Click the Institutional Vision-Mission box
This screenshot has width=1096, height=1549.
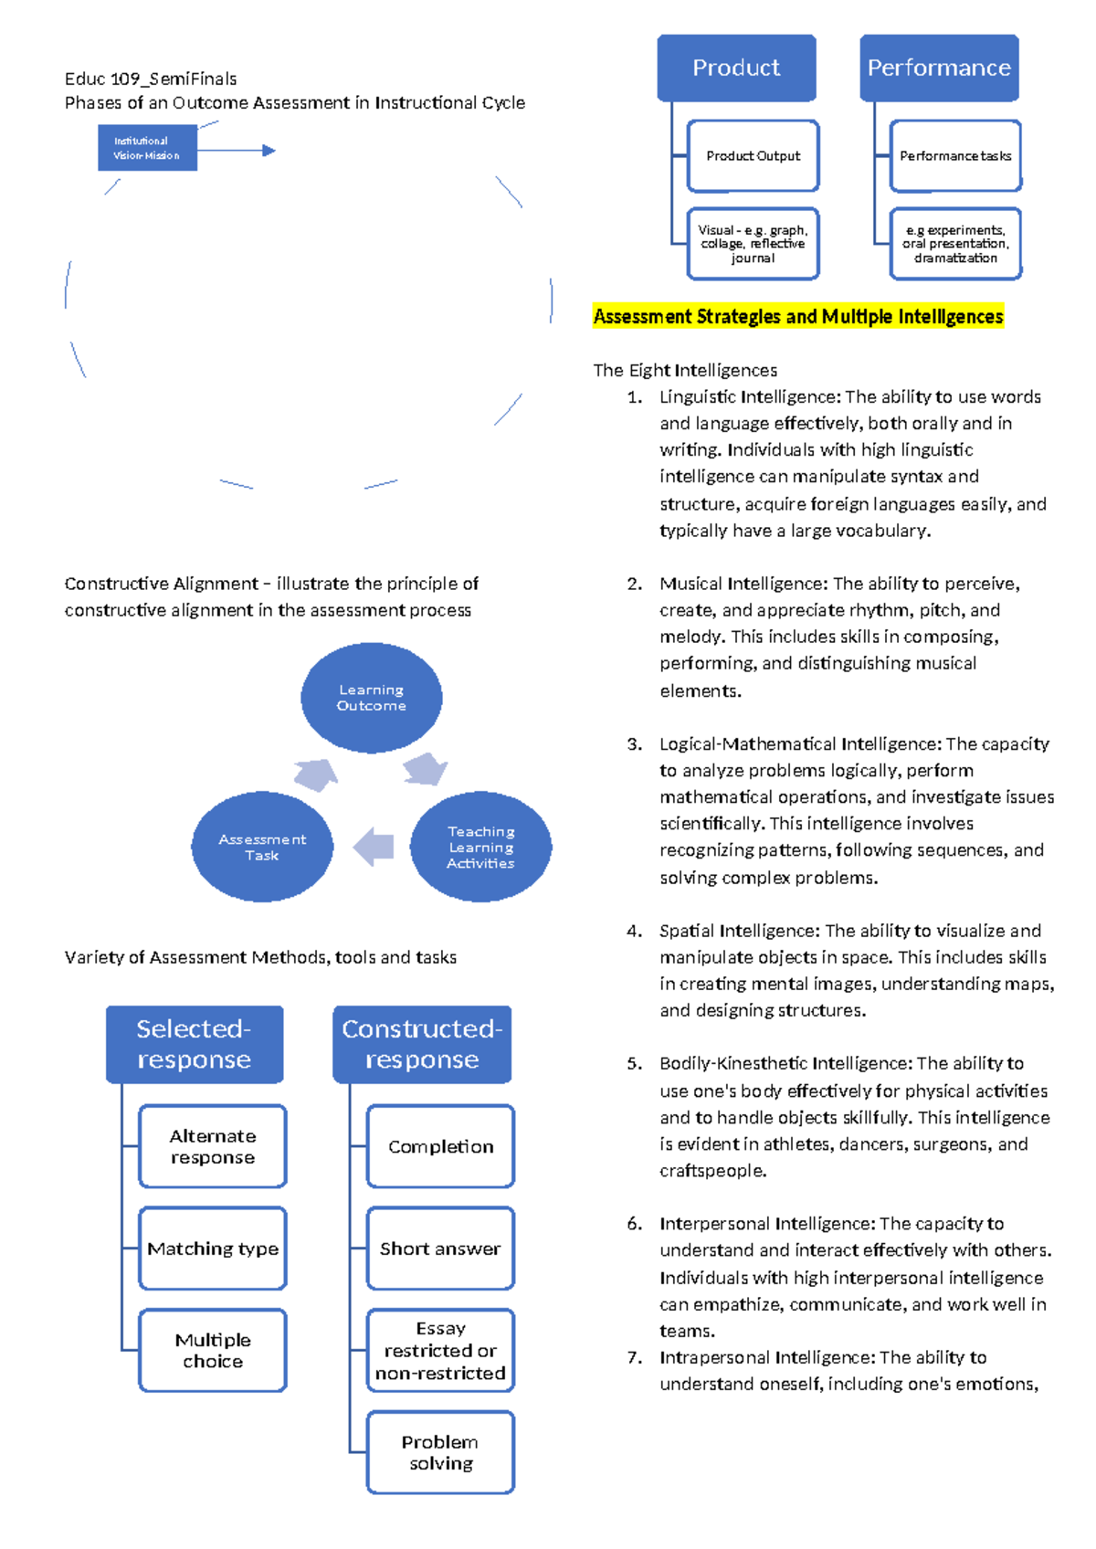147,147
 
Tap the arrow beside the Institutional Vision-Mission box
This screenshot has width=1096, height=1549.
237,150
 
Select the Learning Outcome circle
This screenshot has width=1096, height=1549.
372,697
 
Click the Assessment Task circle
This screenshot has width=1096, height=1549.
262,847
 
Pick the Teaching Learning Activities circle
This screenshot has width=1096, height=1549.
480,847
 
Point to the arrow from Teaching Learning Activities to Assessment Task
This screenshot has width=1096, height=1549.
374,847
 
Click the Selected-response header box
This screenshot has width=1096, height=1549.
195,1044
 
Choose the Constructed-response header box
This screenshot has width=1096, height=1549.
422,1044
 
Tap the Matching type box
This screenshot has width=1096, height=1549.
212,1249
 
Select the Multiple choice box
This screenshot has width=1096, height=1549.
212,1350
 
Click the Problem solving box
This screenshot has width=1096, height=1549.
440,1452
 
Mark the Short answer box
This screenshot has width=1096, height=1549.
440,1249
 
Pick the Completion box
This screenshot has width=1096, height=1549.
440,1146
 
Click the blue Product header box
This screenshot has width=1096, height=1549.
736,68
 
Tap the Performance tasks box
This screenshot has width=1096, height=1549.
955,155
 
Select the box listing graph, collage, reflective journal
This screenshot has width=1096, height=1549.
753,244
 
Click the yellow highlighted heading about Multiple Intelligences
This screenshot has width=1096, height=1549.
798,316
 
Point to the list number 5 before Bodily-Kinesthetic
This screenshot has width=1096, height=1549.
635,1063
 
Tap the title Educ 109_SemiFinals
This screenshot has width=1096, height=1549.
151,79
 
